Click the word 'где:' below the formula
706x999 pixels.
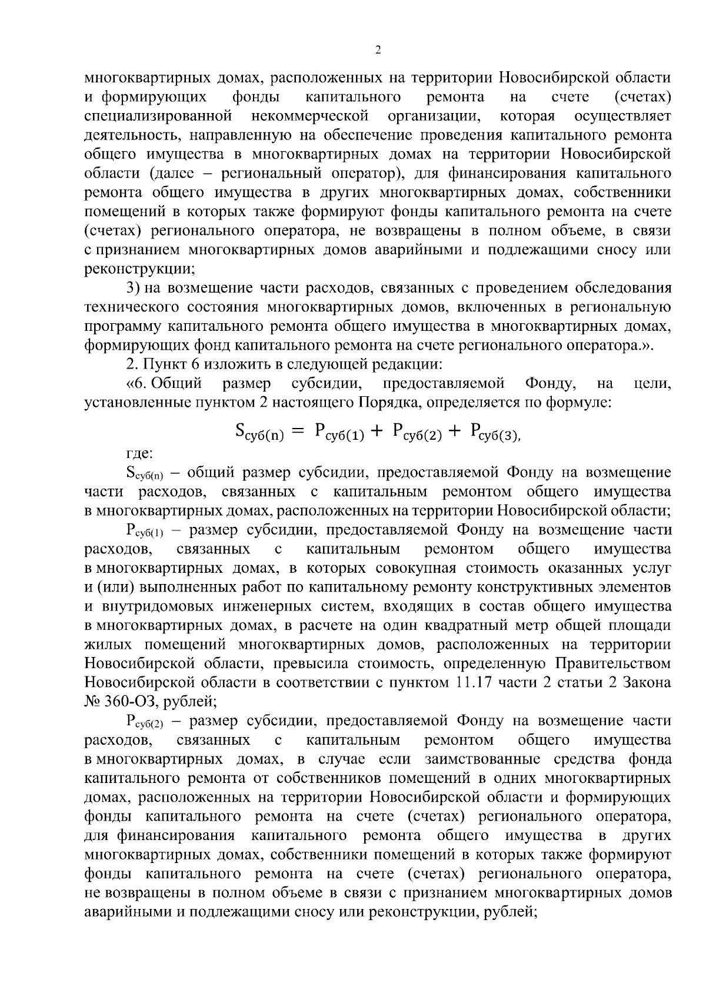click(x=139, y=453)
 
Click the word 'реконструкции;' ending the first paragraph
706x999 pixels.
click(x=140, y=268)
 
